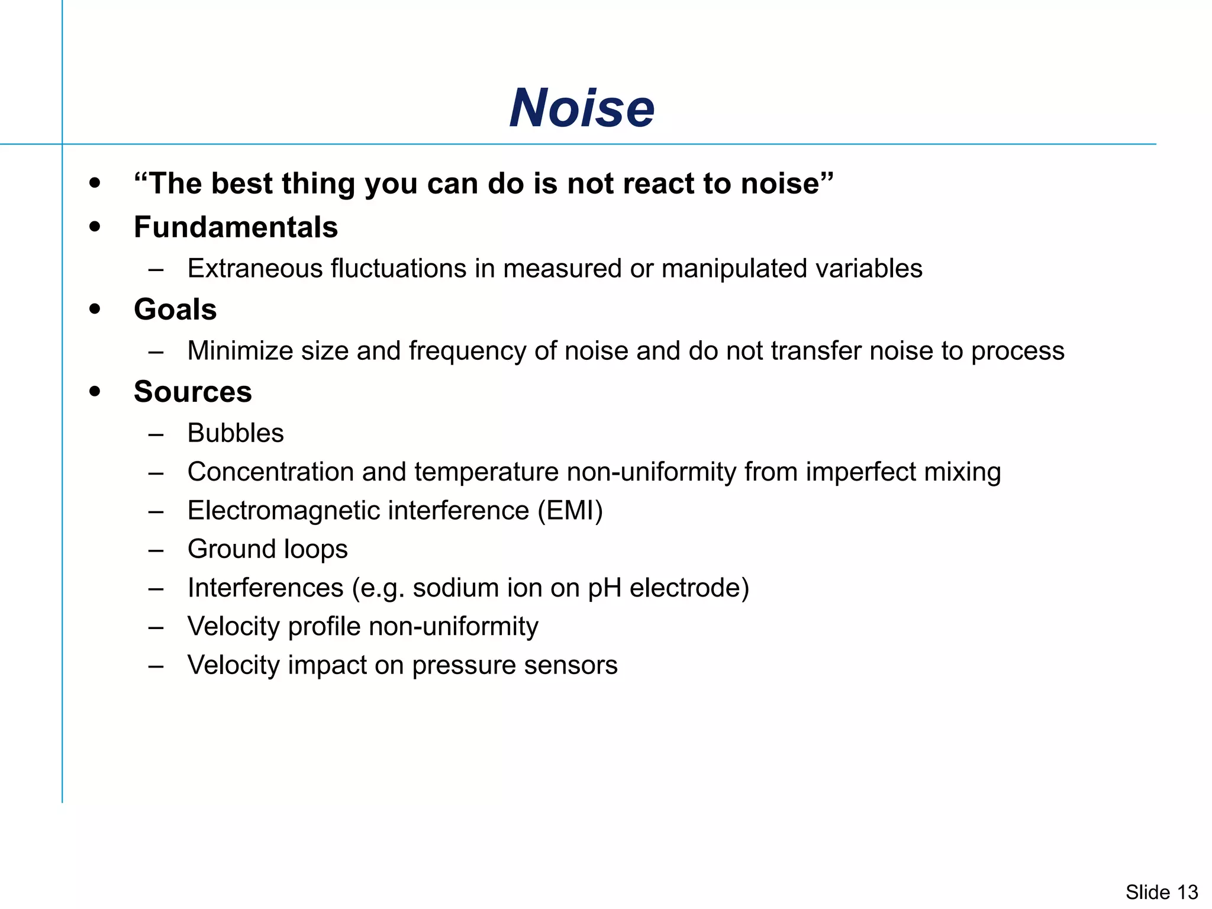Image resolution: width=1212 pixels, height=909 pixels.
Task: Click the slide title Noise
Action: (x=582, y=108)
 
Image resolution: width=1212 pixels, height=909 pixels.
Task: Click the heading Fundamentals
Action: (x=236, y=227)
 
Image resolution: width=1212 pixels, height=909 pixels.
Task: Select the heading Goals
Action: (x=175, y=310)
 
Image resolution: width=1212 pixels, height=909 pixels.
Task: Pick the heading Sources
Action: (x=193, y=392)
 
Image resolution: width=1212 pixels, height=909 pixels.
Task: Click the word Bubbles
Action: (x=236, y=433)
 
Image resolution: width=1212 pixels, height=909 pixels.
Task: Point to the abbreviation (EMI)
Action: (x=570, y=511)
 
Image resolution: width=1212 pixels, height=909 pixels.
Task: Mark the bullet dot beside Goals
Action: (x=95, y=310)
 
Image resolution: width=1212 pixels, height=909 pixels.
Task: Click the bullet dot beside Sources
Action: (x=95, y=392)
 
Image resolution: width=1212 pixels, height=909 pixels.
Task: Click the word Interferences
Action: (x=265, y=588)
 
